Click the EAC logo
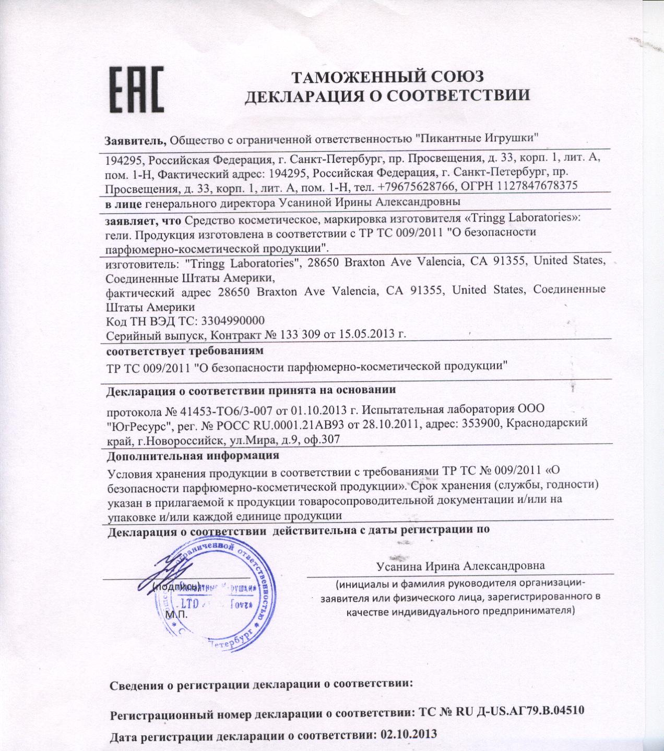pyautogui.click(x=136, y=89)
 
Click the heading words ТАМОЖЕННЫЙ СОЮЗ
pyautogui.click(x=387, y=77)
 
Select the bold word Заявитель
pyautogui.click(x=135, y=139)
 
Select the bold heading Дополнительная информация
pyautogui.click(x=192, y=455)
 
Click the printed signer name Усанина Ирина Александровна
pyautogui.click(x=460, y=566)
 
